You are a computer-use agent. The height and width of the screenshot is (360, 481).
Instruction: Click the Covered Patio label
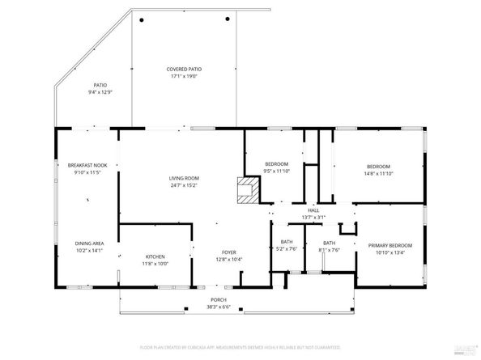(x=184, y=70)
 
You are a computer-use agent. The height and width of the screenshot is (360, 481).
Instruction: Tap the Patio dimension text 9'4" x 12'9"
(x=100, y=92)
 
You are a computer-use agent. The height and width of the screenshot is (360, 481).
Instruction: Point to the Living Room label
(x=184, y=178)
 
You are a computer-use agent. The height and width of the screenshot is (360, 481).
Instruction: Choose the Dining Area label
(x=88, y=244)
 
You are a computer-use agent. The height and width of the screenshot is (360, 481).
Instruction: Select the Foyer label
(x=229, y=252)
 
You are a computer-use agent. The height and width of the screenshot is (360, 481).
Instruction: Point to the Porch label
(x=209, y=299)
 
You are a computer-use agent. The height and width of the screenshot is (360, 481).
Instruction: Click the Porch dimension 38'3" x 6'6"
(x=209, y=307)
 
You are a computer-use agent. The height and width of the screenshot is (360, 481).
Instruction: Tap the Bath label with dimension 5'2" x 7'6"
(x=287, y=242)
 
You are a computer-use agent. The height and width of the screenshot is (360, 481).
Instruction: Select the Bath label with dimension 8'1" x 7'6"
(x=329, y=243)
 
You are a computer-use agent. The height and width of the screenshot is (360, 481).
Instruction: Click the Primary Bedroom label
(x=389, y=245)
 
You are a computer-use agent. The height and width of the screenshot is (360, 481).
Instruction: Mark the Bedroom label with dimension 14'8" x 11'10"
(x=377, y=167)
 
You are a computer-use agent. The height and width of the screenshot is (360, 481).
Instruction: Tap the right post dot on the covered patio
(x=228, y=20)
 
